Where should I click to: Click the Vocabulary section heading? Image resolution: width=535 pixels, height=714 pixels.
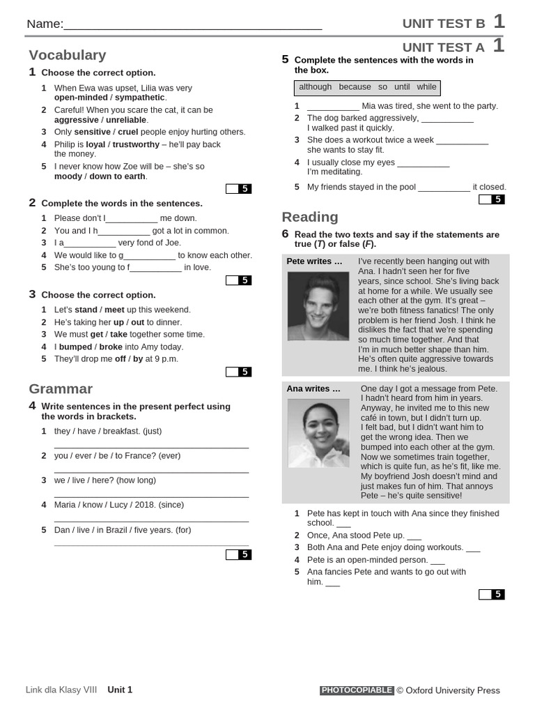pyautogui.click(x=68, y=55)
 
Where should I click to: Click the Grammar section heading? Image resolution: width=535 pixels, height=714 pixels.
pyautogui.click(x=61, y=389)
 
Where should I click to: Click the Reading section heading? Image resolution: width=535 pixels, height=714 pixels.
pyautogui.click(x=310, y=217)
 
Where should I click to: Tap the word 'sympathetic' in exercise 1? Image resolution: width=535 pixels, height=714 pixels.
pyautogui.click(x=139, y=98)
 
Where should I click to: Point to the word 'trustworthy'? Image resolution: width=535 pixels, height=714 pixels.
pyautogui.click(x=136, y=144)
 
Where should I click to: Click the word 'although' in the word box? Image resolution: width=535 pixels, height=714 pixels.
pyautogui.click(x=315, y=87)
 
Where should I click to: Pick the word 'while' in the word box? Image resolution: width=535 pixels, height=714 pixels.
pyautogui.click(x=426, y=87)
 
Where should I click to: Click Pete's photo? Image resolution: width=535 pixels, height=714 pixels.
pyautogui.click(x=318, y=306)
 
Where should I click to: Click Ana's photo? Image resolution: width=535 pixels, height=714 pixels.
pyautogui.click(x=318, y=433)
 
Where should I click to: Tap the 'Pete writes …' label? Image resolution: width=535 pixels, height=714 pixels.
pyautogui.click(x=314, y=261)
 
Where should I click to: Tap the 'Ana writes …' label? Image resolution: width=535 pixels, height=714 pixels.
pyautogui.click(x=313, y=388)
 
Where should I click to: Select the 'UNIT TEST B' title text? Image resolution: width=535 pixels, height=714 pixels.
pyautogui.click(x=444, y=24)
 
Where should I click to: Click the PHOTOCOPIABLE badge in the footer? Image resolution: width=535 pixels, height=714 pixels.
pyautogui.click(x=357, y=690)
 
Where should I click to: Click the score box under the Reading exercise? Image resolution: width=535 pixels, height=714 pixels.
pyautogui.click(x=491, y=595)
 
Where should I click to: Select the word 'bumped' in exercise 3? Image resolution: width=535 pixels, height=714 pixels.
pyautogui.click(x=75, y=347)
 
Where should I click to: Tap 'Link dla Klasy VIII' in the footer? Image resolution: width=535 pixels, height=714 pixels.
pyautogui.click(x=61, y=690)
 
